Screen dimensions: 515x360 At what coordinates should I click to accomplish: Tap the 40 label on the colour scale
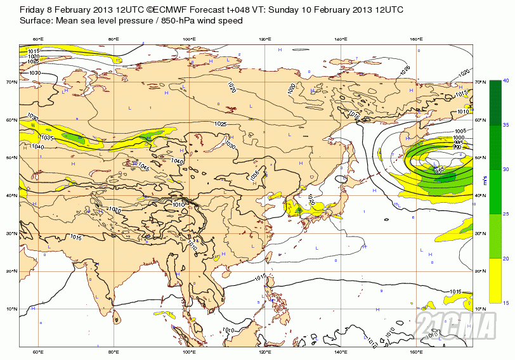point(506,81)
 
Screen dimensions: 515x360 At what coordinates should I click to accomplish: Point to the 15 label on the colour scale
point(506,303)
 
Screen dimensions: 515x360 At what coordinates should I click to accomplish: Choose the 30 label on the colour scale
point(506,170)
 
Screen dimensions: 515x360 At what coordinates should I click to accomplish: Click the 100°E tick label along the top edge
point(189,40)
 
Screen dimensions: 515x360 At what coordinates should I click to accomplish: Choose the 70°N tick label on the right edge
point(479,82)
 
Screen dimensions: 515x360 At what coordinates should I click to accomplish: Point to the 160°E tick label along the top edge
point(416,40)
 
